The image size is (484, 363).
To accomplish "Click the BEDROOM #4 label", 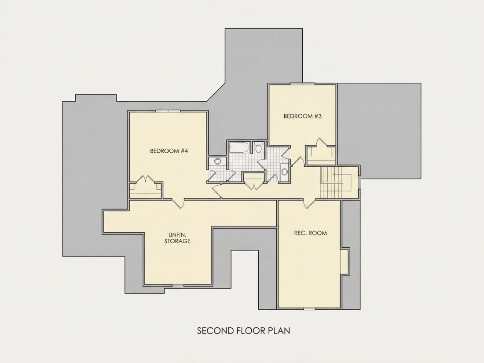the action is coord(169,151).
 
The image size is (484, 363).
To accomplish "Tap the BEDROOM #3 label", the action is coord(303,116).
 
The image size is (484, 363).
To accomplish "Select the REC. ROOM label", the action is coord(310,233).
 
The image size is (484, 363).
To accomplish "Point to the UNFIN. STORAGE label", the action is coord(177,238).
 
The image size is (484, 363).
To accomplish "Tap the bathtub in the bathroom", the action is coord(239,147).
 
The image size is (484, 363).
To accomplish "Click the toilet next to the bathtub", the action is coord(258,148).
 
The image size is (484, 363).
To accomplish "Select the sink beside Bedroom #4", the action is coord(218,161).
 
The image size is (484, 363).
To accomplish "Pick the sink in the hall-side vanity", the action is coord(284,171).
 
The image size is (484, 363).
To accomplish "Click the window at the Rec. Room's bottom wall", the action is coord(309,308).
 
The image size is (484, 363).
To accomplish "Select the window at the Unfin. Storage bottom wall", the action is coord(177,286).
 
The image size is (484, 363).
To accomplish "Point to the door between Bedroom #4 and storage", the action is coord(178,203).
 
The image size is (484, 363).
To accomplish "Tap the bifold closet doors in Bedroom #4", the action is coord(145,180).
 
